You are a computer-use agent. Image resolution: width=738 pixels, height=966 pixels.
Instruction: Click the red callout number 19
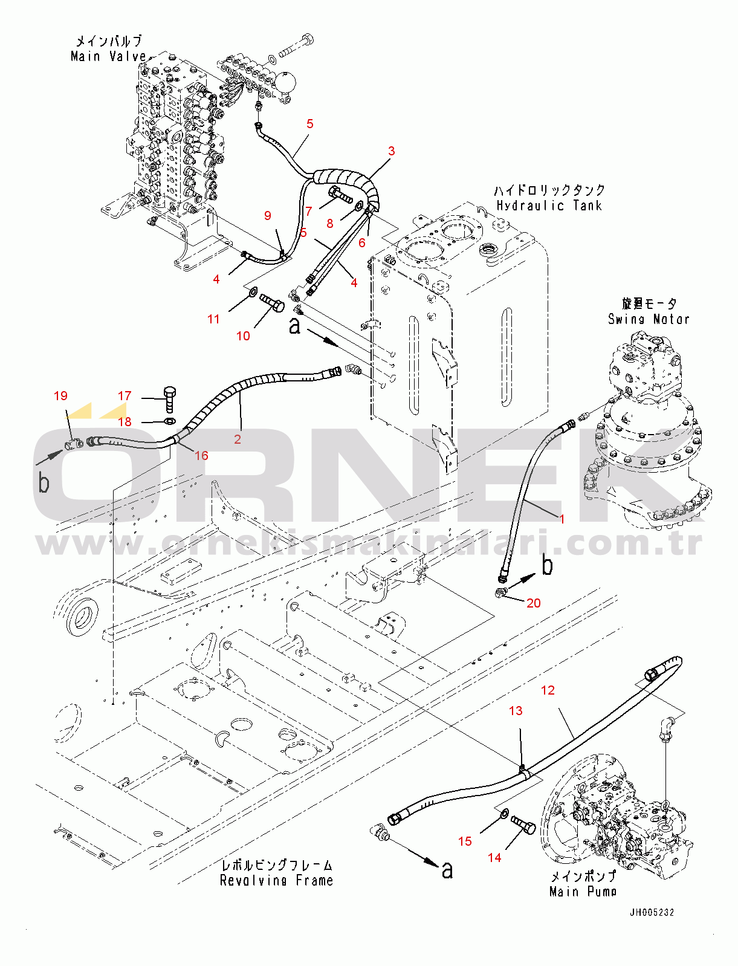(60, 396)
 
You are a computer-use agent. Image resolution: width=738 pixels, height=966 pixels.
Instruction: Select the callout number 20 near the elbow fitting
(533, 603)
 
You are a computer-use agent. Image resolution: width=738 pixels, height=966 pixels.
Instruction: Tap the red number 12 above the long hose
(548, 690)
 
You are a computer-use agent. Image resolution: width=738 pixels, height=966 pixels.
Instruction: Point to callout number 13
(516, 711)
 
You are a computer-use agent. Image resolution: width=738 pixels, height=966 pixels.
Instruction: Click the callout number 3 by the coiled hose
(392, 151)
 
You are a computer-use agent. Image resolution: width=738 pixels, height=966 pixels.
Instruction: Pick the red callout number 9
(268, 216)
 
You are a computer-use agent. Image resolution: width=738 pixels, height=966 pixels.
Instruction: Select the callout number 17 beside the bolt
(125, 396)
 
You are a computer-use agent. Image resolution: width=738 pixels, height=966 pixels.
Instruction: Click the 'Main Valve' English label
(109, 56)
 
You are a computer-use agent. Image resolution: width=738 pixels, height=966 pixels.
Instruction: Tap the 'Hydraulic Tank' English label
(549, 206)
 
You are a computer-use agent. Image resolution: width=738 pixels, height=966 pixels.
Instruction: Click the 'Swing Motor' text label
(649, 319)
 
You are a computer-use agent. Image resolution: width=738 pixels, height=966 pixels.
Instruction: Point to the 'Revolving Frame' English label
(276, 880)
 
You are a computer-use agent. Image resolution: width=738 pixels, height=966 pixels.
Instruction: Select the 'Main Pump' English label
(583, 891)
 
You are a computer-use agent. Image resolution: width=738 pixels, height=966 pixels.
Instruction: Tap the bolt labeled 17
(169, 399)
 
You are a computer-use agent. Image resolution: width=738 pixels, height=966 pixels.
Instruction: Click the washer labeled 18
(170, 421)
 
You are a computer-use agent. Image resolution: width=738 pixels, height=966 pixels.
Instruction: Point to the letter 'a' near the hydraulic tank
(294, 326)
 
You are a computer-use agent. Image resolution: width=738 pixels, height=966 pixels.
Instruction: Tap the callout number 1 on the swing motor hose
(562, 519)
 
